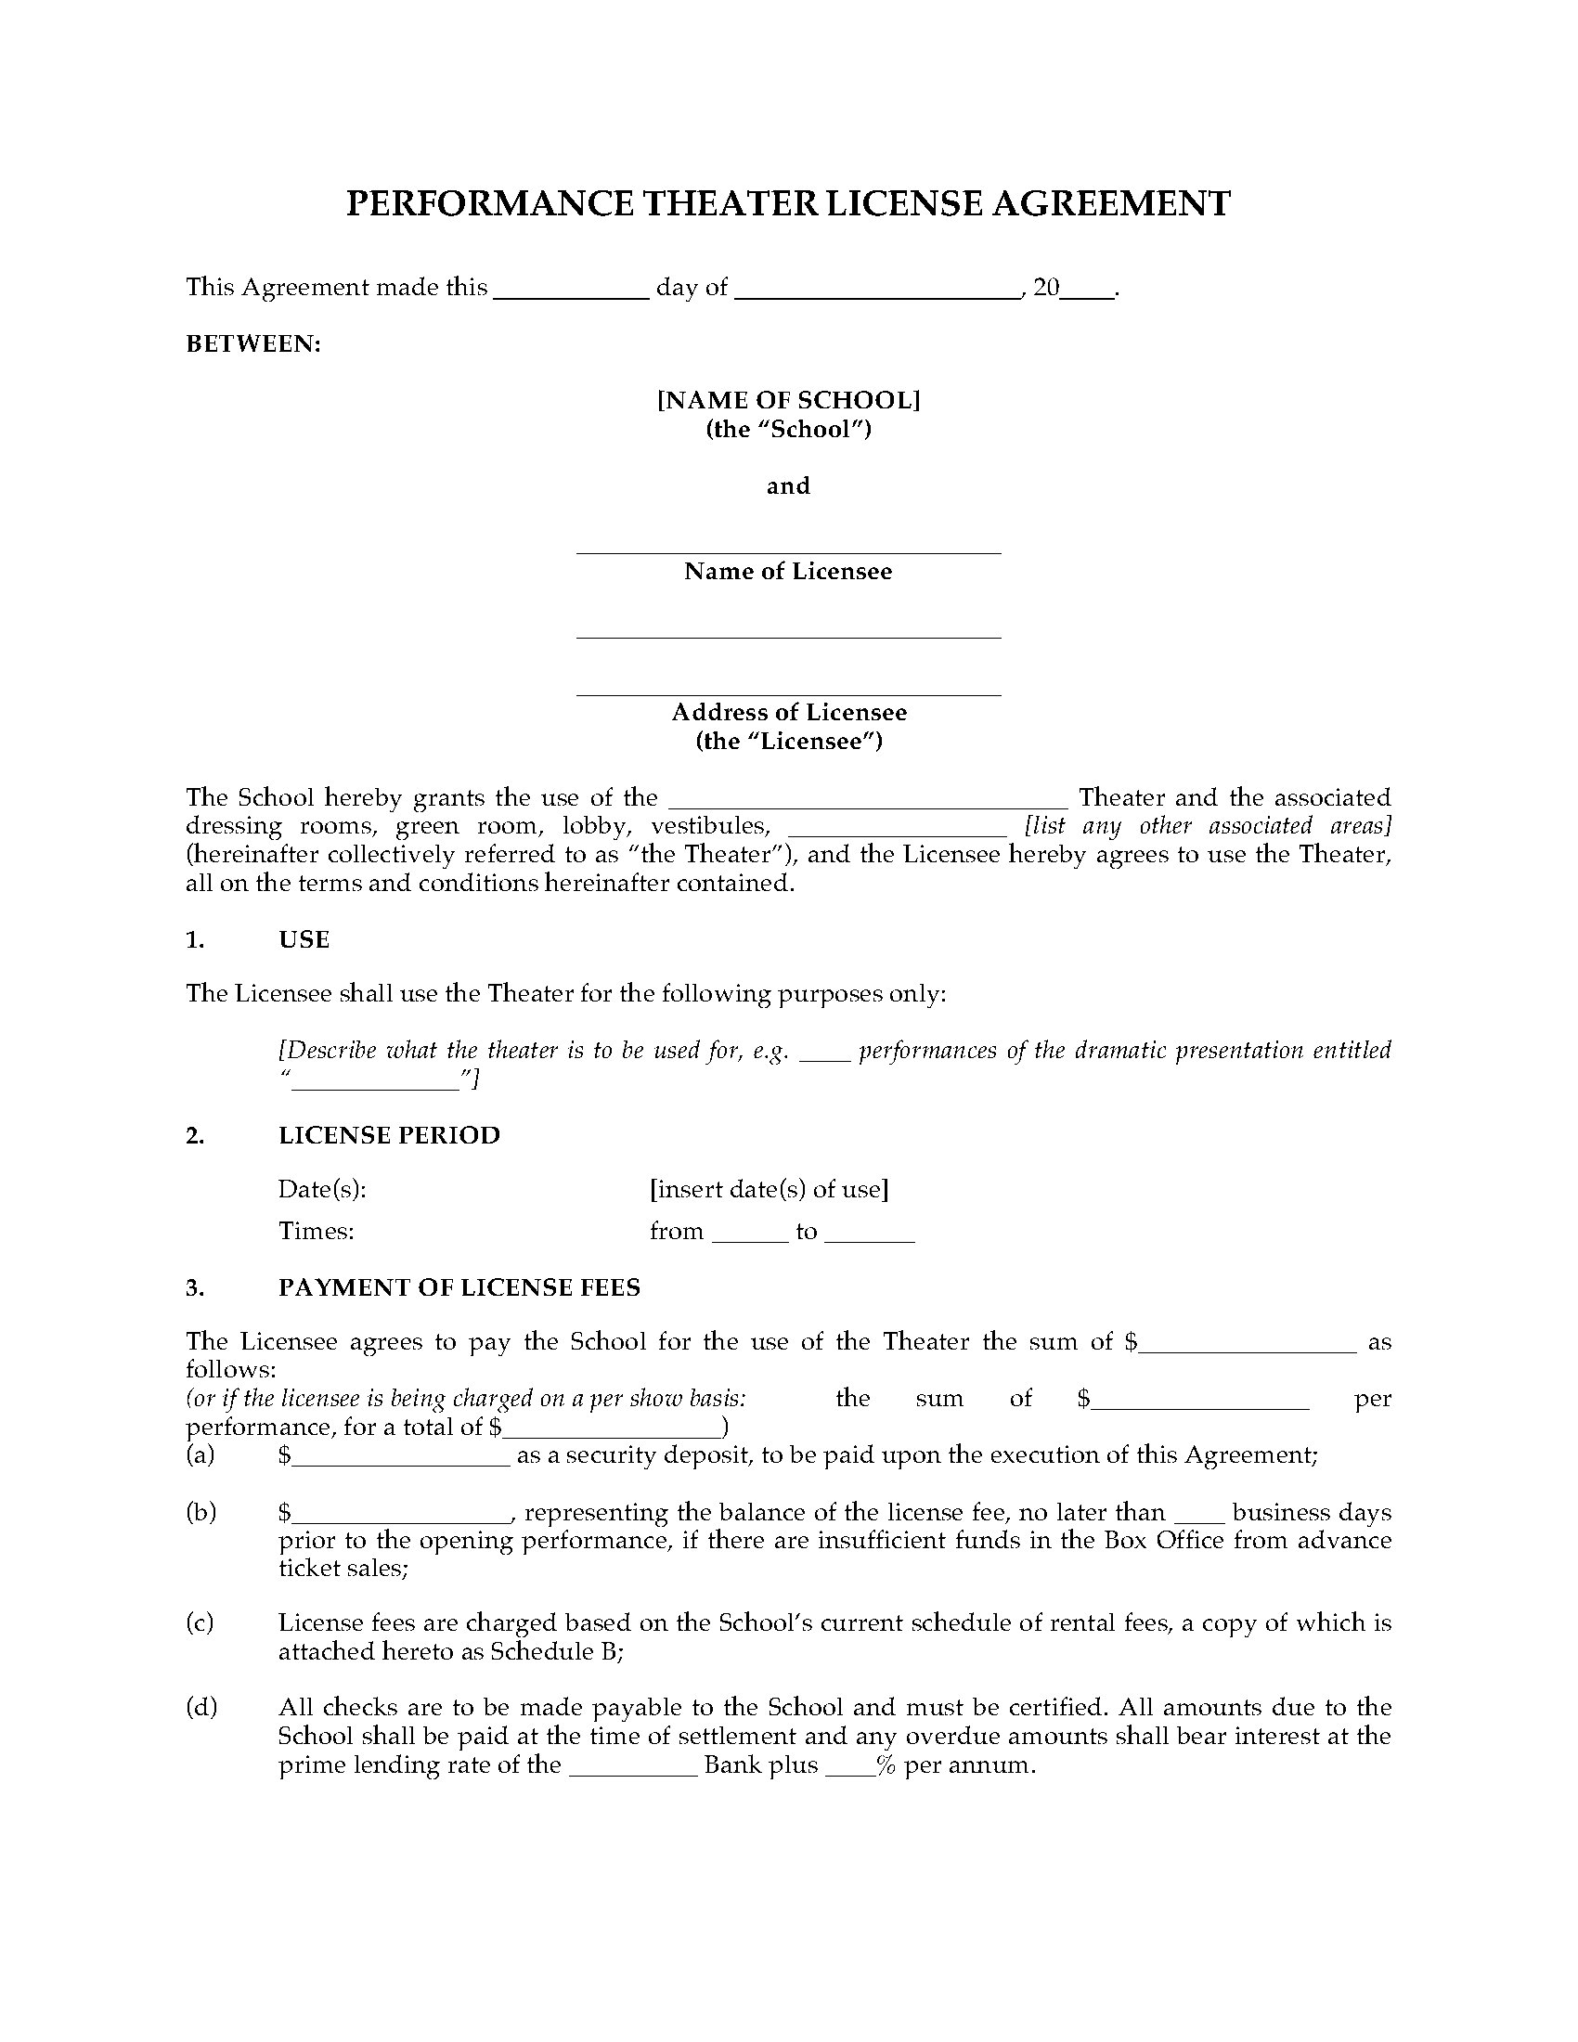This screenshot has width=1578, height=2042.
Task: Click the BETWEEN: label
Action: [253, 344]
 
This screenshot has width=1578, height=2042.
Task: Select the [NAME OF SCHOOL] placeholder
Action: [788, 400]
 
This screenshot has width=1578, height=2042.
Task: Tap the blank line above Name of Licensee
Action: [788, 547]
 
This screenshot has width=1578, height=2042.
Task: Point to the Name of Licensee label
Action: [788, 571]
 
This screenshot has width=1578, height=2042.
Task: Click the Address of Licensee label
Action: [788, 713]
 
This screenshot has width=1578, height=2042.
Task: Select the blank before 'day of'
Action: [570, 291]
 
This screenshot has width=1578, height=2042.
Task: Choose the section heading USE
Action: [304, 939]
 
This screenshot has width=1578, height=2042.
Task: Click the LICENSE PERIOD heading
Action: [389, 1135]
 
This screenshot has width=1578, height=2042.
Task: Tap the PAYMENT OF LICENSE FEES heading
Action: [459, 1287]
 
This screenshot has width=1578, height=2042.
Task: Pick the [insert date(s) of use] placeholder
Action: [769, 1189]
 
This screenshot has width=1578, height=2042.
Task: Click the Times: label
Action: [316, 1231]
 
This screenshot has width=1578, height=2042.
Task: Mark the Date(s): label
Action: [321, 1189]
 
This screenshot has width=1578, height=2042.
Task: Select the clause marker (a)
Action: [201, 1454]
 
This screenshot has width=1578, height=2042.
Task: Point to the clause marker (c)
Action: [201, 1622]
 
